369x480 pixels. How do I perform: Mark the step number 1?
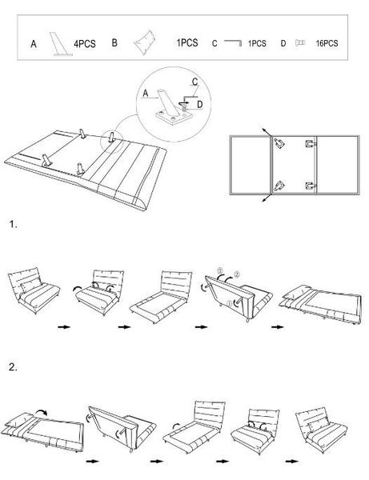point(12,225)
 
